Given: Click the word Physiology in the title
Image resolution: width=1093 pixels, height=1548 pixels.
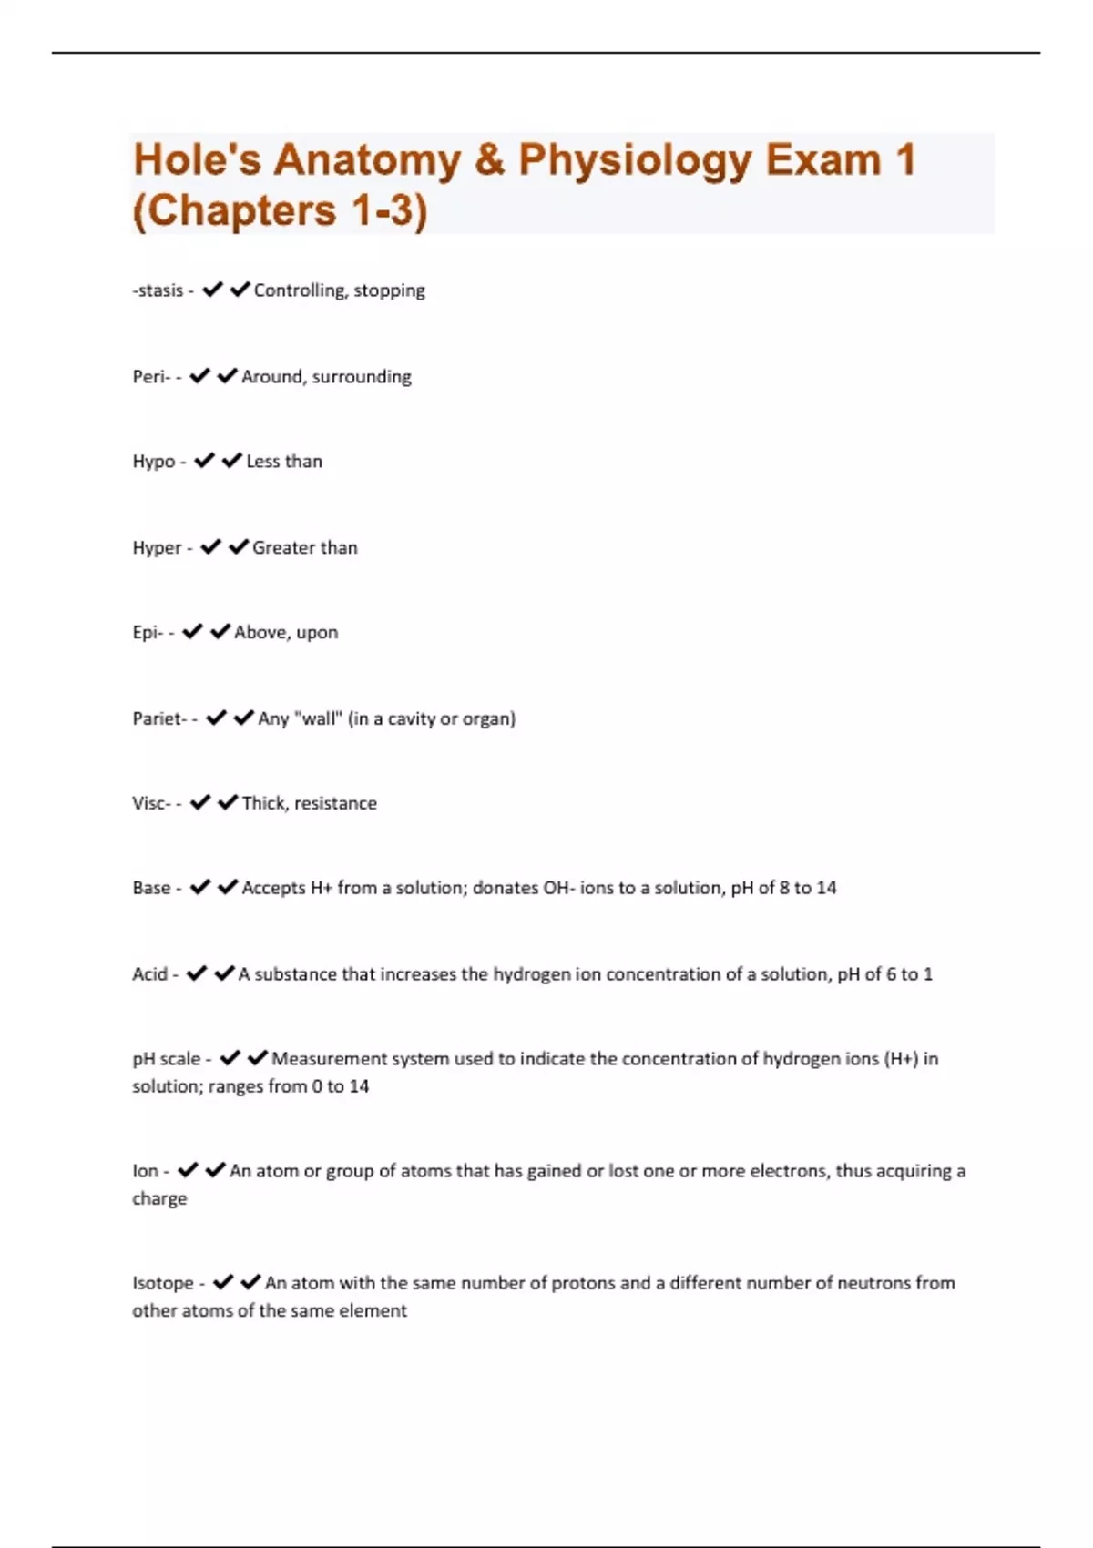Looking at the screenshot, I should tap(635, 160).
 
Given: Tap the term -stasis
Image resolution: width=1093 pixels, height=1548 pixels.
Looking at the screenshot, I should tap(158, 290).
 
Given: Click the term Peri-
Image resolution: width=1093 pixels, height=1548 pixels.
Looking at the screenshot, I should tap(151, 377).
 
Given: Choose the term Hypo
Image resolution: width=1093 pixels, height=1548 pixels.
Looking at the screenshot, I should tap(154, 462).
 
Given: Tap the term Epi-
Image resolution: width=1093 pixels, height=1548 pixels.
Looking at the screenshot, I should tap(148, 633).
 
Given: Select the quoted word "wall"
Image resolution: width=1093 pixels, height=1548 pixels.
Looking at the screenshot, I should tap(319, 718).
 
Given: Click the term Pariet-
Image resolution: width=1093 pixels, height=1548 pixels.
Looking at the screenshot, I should tap(159, 718).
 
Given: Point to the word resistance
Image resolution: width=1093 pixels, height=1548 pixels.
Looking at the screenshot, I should tap(335, 803).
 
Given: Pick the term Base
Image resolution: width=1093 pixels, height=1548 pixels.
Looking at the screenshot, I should tap(151, 888).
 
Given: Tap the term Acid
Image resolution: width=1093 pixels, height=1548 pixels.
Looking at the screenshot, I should tap(149, 974).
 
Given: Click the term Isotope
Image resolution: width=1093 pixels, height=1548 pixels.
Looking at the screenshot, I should tap(163, 1283).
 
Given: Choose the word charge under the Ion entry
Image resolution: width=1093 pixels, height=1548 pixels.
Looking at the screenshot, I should tap(159, 1199).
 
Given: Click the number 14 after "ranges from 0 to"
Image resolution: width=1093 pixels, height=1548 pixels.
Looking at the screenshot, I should tap(359, 1086).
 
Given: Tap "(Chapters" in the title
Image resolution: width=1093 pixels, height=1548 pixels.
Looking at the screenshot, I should tap(235, 211).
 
